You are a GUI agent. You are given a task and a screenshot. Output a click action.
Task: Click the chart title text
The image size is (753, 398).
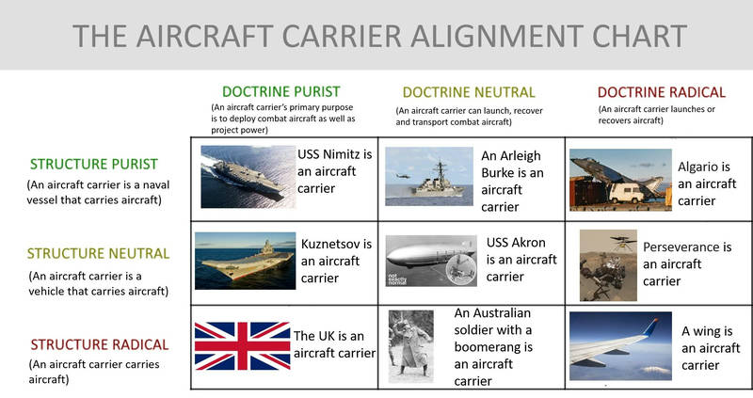coord(379,36)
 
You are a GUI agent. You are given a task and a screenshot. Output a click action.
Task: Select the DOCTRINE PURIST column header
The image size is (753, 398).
coord(280,91)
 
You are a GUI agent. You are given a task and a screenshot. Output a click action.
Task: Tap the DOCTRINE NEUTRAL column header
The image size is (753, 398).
coord(469,92)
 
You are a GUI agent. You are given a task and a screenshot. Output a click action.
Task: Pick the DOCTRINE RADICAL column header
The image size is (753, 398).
coord(662,92)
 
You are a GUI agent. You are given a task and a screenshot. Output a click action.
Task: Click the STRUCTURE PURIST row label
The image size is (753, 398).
coord(93,165)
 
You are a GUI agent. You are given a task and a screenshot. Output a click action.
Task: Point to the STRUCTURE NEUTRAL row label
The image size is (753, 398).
coord(98,253)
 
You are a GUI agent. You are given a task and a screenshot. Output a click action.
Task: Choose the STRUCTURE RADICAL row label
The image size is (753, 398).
coord(100,344)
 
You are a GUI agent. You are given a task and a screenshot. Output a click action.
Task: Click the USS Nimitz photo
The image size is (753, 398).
coord(248,177)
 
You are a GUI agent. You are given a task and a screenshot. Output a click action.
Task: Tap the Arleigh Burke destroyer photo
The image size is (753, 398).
coord(429,176)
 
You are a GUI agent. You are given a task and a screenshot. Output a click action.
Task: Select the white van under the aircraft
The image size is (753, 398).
coord(626,192)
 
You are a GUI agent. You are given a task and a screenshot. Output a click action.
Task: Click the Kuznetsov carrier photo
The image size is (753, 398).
coord(245,261)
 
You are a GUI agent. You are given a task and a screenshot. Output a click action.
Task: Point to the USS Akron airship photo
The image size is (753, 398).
coord(431,261)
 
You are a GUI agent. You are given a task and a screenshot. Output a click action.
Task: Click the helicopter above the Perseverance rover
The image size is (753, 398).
coord(622,243)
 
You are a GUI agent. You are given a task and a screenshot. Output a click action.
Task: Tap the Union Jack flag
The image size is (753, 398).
coord(242,345)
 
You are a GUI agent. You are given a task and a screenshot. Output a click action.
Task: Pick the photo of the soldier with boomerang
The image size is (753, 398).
coord(411,345)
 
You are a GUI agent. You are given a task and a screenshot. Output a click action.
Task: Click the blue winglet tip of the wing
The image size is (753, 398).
coord(653,323)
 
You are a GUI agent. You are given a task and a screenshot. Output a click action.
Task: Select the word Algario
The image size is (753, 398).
coord(703,167)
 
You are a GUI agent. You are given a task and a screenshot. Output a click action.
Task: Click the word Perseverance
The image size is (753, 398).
coord(687,247)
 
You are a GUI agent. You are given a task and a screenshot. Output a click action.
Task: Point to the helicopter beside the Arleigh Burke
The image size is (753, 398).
coord(404,176)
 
